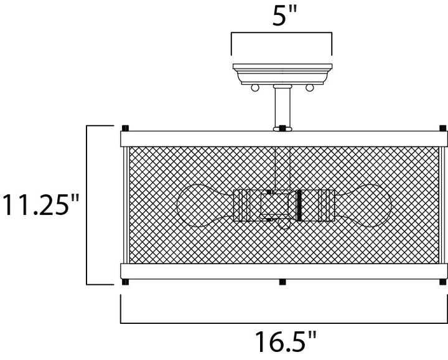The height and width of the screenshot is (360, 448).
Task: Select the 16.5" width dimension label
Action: [286, 341]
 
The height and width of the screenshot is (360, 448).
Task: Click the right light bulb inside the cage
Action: [363, 206]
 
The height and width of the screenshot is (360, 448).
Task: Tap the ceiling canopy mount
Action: [282, 74]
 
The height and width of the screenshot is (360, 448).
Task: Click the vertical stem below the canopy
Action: [282, 108]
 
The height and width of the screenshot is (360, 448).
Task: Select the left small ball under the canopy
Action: [255, 87]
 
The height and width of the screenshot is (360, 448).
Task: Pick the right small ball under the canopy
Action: [310, 87]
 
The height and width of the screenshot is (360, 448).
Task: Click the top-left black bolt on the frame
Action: [125, 128]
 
